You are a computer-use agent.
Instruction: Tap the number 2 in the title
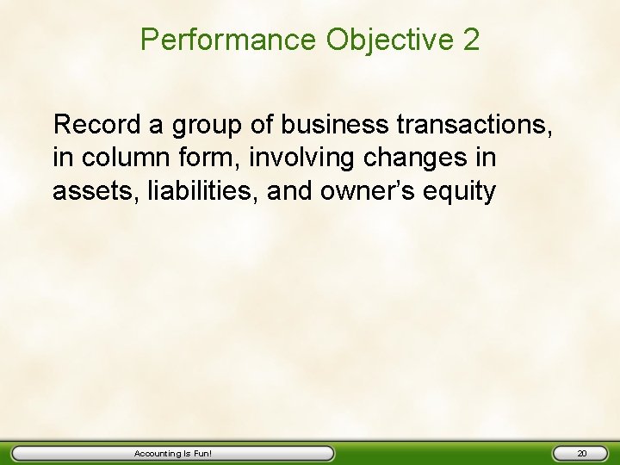click(x=471, y=40)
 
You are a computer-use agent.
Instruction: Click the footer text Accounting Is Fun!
click(x=173, y=453)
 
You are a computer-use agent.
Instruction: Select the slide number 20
click(x=581, y=453)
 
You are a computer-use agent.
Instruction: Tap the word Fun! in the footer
click(x=201, y=453)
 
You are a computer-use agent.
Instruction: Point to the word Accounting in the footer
click(x=158, y=453)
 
